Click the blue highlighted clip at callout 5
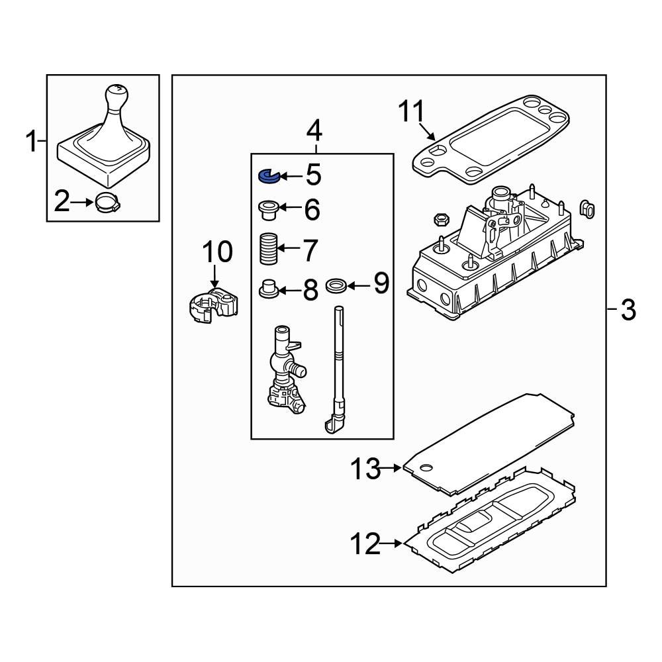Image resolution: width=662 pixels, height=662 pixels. [266, 176]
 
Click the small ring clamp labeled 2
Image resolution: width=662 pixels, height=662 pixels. [106, 202]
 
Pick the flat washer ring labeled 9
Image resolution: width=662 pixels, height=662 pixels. [336, 286]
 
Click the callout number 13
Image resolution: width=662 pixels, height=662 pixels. [366, 469]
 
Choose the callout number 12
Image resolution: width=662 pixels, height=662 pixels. [365, 544]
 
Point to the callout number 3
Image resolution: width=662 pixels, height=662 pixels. [628, 309]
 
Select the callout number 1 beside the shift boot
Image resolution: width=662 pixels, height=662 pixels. [31, 141]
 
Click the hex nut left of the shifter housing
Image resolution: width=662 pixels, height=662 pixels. [440, 218]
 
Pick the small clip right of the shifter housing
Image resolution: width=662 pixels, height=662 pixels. [587, 209]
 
